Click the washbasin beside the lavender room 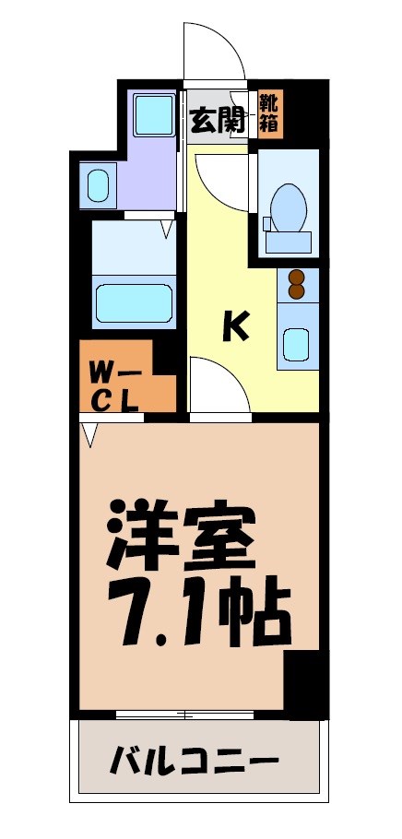click(x=99, y=185)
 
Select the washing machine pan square click(x=150, y=114)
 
